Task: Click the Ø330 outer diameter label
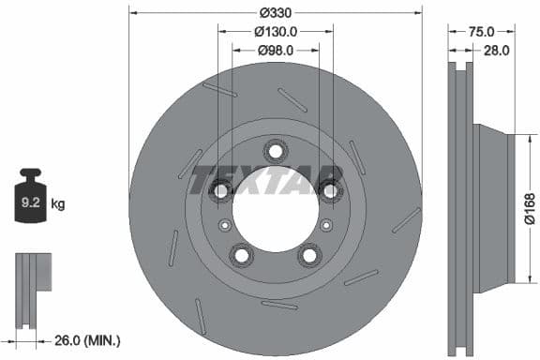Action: coord(274,12)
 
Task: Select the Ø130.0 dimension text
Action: coord(274,31)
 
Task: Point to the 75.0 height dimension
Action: coord(481,31)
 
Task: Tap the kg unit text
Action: coord(58,202)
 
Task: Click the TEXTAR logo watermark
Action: coord(266,180)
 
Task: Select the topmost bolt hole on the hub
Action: coord(275,151)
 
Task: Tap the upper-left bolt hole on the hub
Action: coord(221,190)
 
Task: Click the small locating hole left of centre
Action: coord(223,225)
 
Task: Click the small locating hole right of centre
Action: coord(325,225)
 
